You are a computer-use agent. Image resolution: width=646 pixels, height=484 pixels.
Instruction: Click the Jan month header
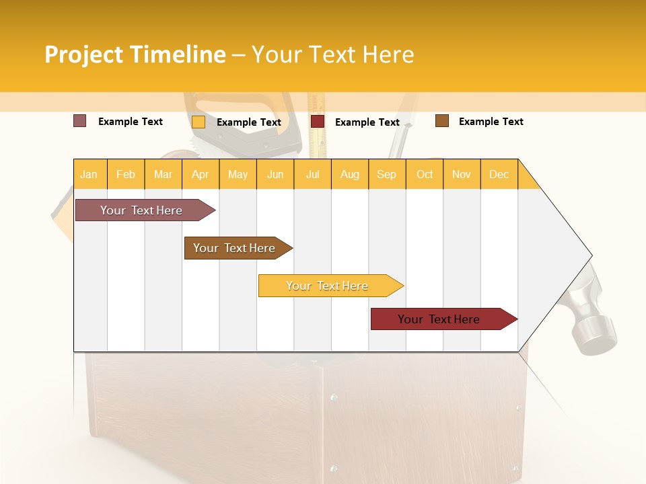89,175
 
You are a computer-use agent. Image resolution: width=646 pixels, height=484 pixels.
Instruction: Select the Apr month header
200,175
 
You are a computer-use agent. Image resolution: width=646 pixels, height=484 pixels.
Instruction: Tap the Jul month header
312,175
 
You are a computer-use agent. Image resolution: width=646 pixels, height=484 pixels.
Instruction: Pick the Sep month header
386,175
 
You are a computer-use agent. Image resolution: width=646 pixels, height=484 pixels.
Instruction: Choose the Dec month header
499,175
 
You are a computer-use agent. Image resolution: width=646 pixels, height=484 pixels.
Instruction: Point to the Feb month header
126,175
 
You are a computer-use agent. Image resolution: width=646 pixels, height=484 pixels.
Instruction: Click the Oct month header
425,175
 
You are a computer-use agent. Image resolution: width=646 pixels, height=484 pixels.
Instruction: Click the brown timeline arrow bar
236,248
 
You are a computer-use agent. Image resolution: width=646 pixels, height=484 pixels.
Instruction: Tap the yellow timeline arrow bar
328,286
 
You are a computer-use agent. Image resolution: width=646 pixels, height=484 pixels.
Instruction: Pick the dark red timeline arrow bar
441,319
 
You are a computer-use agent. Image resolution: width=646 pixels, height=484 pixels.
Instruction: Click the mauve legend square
80,121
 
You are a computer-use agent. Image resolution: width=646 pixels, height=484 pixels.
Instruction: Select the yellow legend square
199,122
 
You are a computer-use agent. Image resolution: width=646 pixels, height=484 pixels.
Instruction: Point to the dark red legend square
318,122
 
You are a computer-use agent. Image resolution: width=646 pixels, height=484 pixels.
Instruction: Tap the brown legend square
442,121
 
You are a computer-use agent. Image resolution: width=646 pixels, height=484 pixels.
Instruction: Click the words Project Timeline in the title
135,54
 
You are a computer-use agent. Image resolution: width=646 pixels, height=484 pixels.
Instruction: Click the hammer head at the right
592,323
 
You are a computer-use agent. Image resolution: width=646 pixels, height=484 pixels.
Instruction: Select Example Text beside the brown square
491,122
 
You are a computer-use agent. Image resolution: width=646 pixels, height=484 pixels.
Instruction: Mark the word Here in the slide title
388,54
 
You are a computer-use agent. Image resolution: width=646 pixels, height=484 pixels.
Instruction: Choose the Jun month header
275,175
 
